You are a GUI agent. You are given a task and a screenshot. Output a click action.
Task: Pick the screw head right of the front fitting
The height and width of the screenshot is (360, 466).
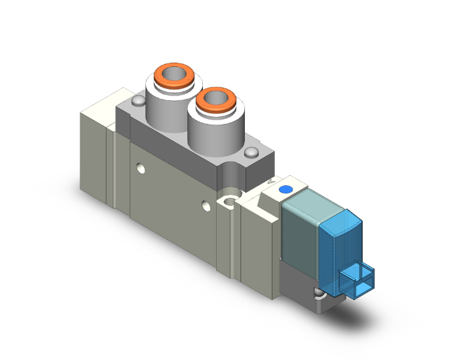click(252, 152)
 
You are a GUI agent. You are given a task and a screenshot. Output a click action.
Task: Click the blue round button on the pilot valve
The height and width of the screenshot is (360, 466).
click(287, 189)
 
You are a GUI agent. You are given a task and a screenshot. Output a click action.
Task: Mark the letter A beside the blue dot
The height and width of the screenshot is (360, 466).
click(271, 182)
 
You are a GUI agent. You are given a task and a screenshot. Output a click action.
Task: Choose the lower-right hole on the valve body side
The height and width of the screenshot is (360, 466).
click(206, 204)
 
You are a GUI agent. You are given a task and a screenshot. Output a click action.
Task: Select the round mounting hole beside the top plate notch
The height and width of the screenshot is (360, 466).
click(230, 200)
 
